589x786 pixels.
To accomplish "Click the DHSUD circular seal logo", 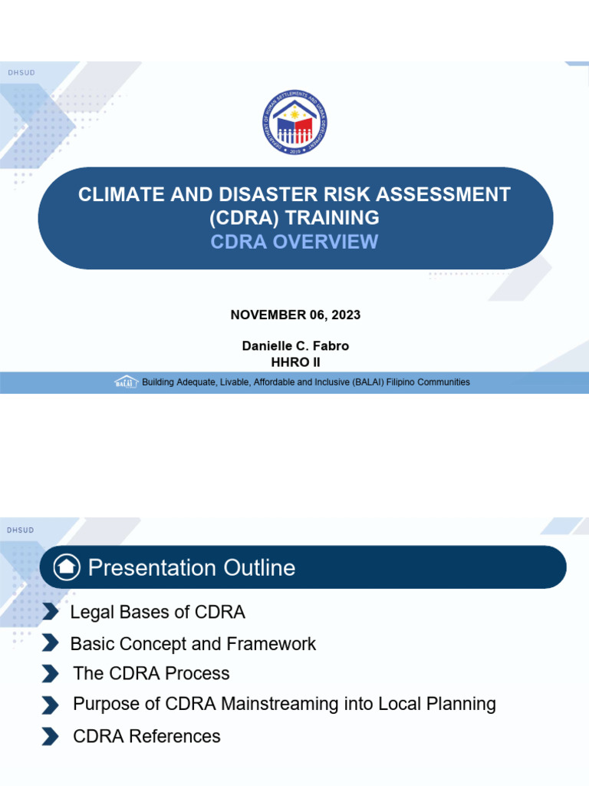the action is click(x=294, y=122).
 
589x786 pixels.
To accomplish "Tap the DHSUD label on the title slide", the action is click(x=21, y=73).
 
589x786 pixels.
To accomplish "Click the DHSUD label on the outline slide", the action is click(x=21, y=530).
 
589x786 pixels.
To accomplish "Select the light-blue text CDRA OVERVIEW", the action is click(x=294, y=242).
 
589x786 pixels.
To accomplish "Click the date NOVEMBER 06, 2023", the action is click(x=295, y=315).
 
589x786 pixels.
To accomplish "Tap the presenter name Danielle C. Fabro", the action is click(x=295, y=346).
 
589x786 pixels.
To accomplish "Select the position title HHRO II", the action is click(x=295, y=362).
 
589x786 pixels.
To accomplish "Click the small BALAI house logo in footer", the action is click(x=126, y=382).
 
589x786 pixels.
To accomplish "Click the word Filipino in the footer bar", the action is click(x=400, y=382).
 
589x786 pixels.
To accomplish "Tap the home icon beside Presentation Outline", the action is click(x=67, y=567).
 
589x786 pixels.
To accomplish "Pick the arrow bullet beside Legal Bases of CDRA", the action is click(x=51, y=612).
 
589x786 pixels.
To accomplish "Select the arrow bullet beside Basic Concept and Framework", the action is click(x=51, y=642).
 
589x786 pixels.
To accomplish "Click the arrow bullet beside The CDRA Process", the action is click(x=51, y=674).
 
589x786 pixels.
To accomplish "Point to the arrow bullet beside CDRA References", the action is click(x=51, y=736).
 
